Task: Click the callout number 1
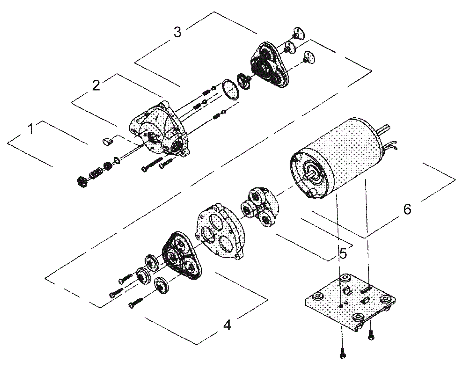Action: [31, 129]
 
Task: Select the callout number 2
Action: [96, 85]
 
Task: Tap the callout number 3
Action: [177, 32]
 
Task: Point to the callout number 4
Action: [227, 325]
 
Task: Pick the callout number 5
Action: [343, 254]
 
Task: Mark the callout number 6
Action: [407, 209]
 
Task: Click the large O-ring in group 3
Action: [230, 90]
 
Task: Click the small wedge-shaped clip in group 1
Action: [107, 141]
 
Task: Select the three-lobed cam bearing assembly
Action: [259, 207]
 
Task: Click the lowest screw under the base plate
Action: [342, 354]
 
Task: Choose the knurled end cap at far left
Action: [82, 182]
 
